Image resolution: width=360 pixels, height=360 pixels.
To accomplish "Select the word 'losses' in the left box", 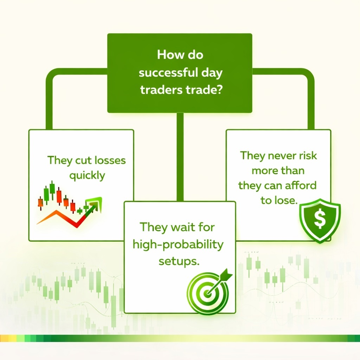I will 110,161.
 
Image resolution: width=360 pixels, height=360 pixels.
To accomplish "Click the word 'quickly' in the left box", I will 87,175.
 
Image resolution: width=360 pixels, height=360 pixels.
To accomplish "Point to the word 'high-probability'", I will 178,244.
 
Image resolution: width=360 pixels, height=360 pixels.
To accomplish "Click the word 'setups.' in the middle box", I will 177,261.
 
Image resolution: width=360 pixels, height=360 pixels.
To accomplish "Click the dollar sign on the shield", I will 319,219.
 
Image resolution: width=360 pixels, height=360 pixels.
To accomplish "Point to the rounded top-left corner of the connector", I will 51,76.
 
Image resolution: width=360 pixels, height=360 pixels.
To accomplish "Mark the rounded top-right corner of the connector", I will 308,76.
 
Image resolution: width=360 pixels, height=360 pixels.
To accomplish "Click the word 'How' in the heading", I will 166,56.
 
